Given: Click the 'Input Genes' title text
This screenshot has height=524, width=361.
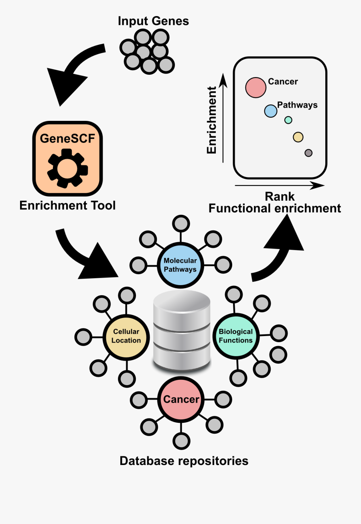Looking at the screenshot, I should (x=153, y=21).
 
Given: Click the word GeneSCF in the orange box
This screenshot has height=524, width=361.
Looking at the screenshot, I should (x=67, y=139).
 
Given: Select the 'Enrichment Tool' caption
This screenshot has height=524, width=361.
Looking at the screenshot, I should (x=67, y=206).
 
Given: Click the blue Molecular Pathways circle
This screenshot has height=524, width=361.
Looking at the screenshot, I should (x=180, y=265).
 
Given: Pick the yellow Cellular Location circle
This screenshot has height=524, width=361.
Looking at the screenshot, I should (x=126, y=336).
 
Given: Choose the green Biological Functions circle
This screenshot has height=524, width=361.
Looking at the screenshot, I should (x=235, y=336).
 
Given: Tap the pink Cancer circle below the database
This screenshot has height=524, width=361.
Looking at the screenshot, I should (x=181, y=400).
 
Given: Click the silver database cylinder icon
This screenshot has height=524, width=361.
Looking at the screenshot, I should (x=182, y=331).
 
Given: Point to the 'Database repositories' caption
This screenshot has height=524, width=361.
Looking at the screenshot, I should (x=184, y=461).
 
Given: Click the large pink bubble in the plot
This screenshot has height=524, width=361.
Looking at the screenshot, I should (x=256, y=87).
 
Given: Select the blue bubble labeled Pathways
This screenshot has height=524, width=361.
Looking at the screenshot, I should (x=271, y=110).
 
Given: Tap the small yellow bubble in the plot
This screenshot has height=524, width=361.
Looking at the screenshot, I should (x=298, y=137).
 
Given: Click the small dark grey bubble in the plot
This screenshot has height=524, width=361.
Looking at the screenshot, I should (x=308, y=153).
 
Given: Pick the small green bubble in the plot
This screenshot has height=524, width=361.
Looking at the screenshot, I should (x=288, y=120).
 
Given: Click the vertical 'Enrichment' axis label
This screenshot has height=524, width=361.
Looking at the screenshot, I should (x=211, y=120).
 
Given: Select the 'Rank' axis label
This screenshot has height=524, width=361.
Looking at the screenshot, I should (x=280, y=196).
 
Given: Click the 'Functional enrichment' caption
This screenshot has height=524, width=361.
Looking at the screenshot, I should (x=275, y=208).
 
